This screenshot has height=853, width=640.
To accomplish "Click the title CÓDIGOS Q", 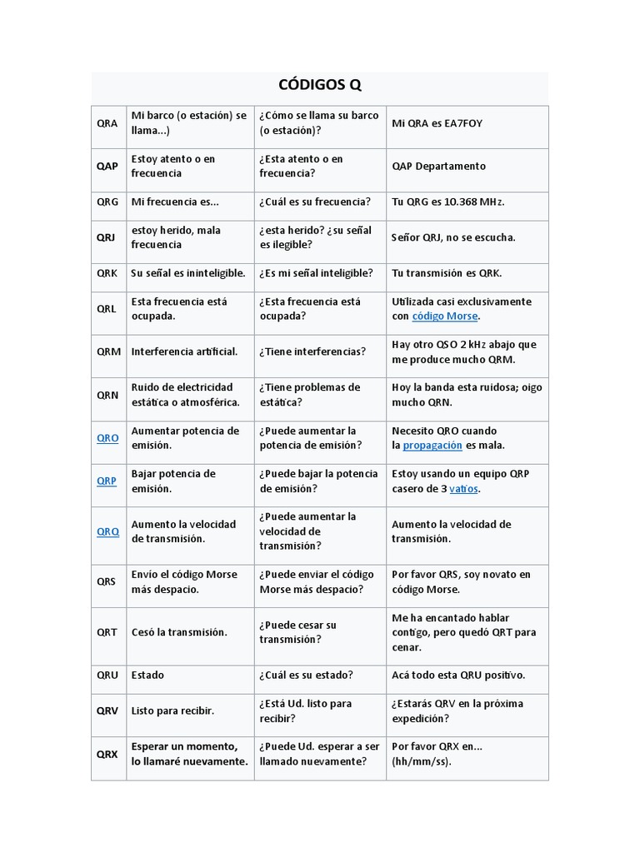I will point(319,86).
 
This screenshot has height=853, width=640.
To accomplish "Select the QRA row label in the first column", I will point(107,123).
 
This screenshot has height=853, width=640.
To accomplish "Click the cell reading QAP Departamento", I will point(438,166).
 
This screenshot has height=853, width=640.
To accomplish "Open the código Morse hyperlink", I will point(445,317).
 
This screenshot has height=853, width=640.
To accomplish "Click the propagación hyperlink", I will point(432,446).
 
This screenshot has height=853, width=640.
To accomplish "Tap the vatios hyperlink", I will point(463,489).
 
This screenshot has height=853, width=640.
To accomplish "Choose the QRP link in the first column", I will point(107,481).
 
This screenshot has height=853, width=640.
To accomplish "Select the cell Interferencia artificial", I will point(184,352).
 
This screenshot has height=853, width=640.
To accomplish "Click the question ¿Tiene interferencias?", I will point(312,352).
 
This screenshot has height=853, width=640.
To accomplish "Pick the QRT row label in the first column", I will point(107,632).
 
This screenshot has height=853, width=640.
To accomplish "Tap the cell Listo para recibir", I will point(172,711).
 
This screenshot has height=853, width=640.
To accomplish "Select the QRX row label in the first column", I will point(107,754).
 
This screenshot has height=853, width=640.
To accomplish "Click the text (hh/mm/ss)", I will point(421,761).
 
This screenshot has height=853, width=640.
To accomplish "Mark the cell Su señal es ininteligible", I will point(188,273).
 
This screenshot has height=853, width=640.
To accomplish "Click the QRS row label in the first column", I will point(107,581).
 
